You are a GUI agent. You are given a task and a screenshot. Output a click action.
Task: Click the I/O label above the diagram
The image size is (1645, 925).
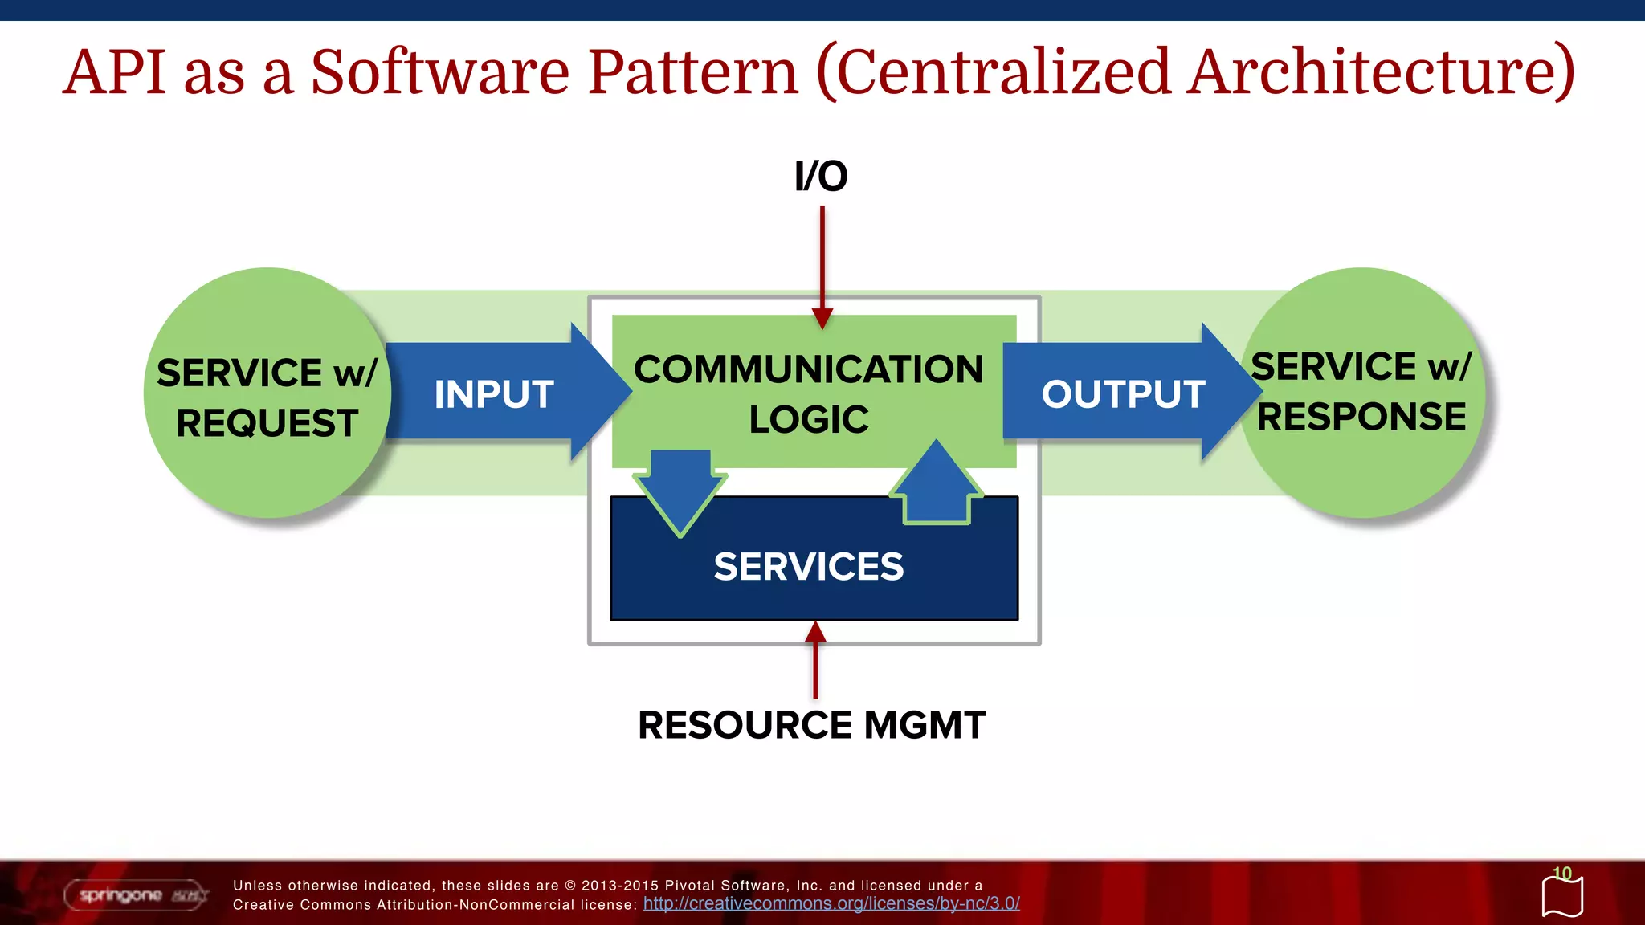(x=821, y=177)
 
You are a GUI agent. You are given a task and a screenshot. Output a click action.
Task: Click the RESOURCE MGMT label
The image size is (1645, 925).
(x=811, y=725)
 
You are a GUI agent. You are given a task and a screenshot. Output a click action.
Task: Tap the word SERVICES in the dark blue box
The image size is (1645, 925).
(x=808, y=567)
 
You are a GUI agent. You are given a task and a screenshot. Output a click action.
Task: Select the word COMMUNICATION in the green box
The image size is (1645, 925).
(x=808, y=370)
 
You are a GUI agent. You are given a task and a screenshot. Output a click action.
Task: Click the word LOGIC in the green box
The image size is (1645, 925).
(x=808, y=420)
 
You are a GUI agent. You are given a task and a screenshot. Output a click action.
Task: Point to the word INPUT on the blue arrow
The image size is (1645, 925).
(x=494, y=394)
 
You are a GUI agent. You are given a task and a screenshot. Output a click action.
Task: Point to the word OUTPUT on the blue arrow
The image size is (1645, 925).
(x=1123, y=394)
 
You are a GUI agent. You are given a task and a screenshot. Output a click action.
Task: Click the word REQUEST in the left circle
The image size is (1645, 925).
(x=267, y=423)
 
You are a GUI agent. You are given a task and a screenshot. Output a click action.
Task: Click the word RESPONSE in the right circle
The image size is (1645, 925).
(x=1361, y=417)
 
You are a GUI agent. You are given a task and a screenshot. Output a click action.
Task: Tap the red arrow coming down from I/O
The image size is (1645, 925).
(x=822, y=265)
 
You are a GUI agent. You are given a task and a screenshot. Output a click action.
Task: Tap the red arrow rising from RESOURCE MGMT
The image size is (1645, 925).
(x=815, y=662)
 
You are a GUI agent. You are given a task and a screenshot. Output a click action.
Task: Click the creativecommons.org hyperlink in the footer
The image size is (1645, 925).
(x=831, y=904)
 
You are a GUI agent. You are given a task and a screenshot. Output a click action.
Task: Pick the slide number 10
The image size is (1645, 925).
(x=1561, y=873)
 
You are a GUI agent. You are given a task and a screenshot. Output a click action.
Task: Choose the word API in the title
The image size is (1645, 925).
(x=114, y=72)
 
